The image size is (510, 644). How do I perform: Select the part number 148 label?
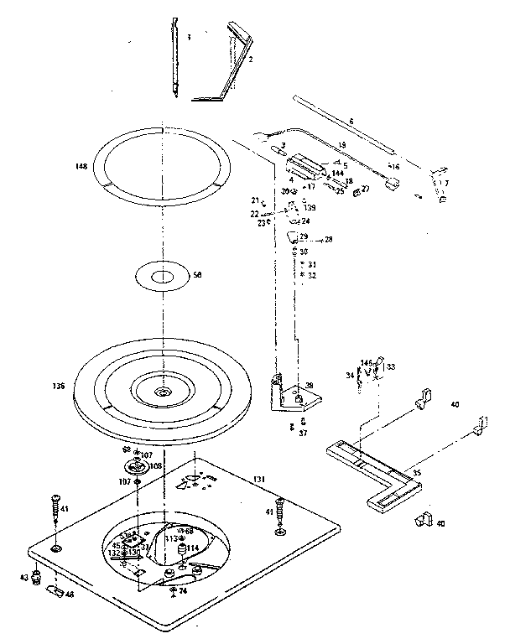(x=80, y=167)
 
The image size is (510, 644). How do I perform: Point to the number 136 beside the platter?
(x=59, y=387)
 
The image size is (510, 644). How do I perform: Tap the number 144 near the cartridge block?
(x=337, y=173)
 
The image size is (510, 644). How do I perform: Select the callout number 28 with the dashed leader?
(x=329, y=239)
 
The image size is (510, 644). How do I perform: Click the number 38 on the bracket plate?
(x=309, y=386)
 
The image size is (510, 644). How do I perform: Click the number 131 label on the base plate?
(x=260, y=478)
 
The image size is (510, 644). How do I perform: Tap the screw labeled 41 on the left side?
(x=56, y=507)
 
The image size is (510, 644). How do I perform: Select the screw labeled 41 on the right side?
(x=279, y=513)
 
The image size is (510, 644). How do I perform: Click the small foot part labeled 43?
(x=36, y=577)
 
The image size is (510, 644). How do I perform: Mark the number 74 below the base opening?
(x=183, y=591)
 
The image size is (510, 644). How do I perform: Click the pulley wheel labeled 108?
(x=134, y=466)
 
